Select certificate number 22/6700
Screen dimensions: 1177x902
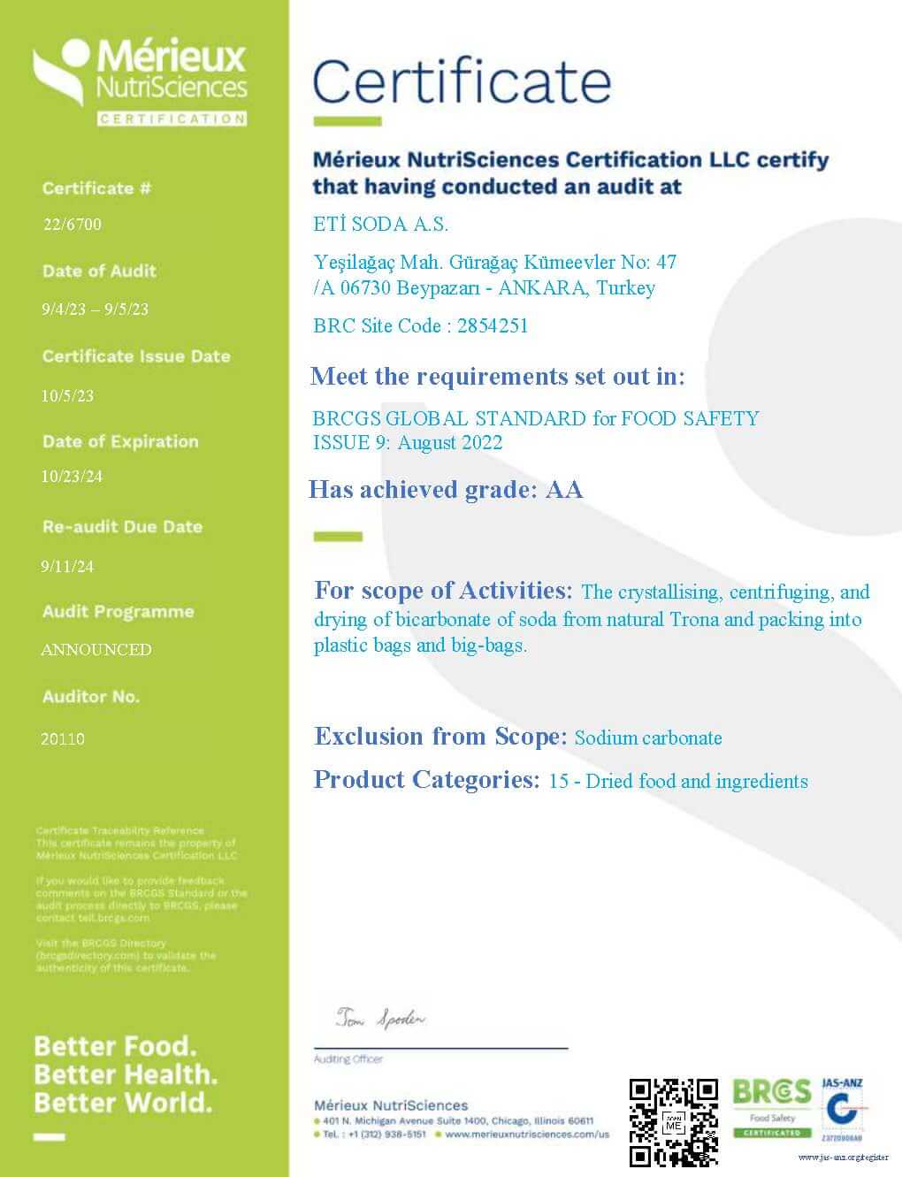click(73, 225)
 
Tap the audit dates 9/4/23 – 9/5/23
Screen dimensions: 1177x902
click(95, 310)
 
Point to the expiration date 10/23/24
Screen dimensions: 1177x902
click(72, 477)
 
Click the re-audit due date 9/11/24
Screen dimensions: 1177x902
click(67, 567)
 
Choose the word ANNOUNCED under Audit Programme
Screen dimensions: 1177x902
click(96, 650)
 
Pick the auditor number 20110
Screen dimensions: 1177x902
click(63, 738)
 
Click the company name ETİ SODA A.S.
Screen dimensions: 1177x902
click(381, 225)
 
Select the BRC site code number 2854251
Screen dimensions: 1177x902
click(492, 325)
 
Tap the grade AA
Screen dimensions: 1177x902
click(564, 490)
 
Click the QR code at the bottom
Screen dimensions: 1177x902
click(673, 1122)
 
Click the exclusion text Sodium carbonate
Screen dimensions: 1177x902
click(648, 738)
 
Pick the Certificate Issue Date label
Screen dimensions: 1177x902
click(136, 356)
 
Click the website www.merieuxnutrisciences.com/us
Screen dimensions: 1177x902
click(527, 1134)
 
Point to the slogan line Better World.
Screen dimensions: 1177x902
click(123, 1103)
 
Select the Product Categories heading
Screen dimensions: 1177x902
click(426, 780)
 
